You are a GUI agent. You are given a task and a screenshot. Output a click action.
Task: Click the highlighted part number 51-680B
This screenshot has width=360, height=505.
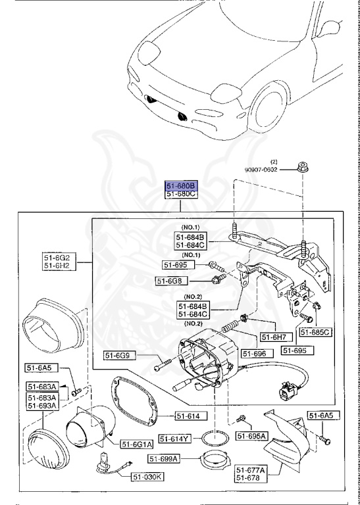(x=180, y=186)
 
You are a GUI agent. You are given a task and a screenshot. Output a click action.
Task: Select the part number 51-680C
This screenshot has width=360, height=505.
(x=180, y=195)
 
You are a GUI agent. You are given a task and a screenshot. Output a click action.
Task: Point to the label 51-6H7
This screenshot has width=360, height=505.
(x=272, y=337)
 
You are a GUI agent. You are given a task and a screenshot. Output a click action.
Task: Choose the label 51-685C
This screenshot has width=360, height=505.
(x=315, y=332)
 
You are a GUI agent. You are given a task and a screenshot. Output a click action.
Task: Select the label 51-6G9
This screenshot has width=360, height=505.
(x=119, y=356)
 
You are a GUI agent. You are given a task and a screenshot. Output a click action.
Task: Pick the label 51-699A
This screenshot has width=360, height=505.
(x=164, y=458)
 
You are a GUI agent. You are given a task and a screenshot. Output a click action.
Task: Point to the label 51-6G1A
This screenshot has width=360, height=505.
(x=138, y=444)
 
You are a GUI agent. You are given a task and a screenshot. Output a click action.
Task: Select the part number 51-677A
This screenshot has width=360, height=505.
(x=251, y=469)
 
